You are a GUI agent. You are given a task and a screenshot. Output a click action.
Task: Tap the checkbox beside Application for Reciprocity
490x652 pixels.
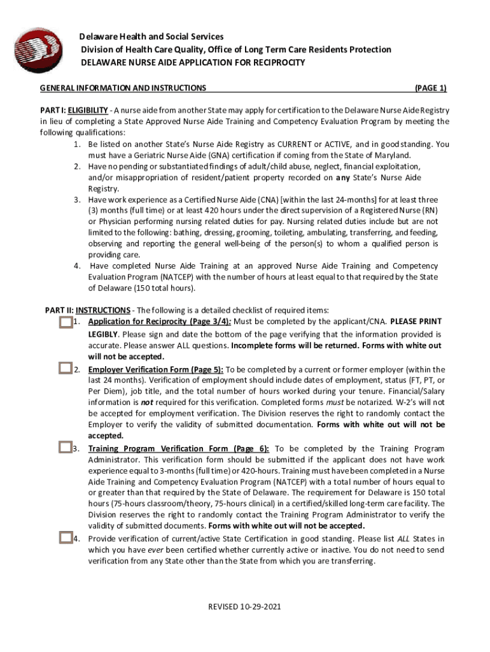point(65,322)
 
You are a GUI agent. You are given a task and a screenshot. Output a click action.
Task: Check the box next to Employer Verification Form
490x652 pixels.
point(65,368)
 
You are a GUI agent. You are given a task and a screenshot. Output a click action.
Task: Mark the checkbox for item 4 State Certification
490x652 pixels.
point(65,537)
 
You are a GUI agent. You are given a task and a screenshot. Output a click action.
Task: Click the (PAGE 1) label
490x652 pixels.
point(431,88)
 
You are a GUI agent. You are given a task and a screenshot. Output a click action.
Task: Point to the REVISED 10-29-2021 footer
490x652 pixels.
point(245,606)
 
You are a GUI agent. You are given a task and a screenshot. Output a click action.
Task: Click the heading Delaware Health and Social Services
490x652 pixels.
point(151,37)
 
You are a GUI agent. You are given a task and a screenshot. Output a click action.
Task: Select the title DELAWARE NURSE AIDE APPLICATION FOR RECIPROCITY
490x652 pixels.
point(193,62)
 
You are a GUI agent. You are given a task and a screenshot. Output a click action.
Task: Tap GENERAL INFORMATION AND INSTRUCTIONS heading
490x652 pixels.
point(123,88)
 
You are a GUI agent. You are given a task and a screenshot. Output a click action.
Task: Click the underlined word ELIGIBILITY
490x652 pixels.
point(89,110)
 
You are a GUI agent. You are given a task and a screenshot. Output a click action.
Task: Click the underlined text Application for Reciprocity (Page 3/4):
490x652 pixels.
point(160,322)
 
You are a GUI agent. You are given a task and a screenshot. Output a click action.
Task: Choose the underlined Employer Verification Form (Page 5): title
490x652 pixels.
point(156,369)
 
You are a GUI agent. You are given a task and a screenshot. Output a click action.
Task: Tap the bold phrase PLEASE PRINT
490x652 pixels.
point(416,322)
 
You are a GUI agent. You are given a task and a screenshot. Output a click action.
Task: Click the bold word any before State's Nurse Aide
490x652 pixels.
point(343,178)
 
